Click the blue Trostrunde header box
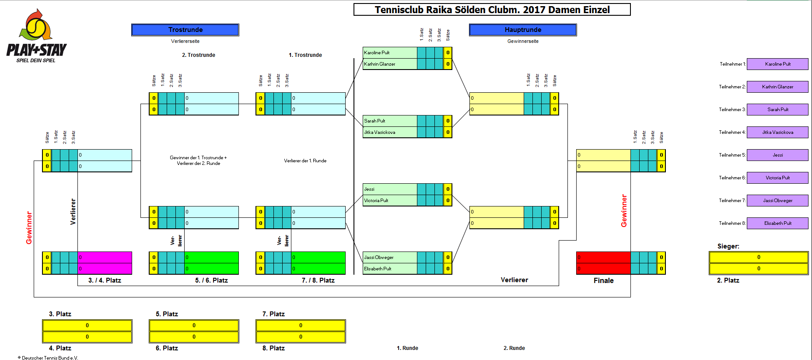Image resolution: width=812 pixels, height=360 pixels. pos(185,30)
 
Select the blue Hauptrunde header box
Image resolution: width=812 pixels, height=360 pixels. pos(523,30)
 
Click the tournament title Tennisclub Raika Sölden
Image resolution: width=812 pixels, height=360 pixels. pos(492,10)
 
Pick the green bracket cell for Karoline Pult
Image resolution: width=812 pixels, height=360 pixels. pos(389,52)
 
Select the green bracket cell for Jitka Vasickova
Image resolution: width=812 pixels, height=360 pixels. pos(389,132)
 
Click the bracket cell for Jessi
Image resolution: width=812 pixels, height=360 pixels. pos(389,189)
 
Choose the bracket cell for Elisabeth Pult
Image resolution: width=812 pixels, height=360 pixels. pos(389,269)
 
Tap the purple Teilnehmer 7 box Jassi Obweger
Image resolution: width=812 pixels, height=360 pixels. pos(777,200)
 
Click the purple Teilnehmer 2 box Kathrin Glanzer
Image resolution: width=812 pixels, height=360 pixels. pos(777,87)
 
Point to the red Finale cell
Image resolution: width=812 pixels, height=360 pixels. pos(603,263)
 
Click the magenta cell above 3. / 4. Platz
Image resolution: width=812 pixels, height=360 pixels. pos(105,263)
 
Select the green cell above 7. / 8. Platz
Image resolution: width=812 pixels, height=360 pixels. pos(318,263)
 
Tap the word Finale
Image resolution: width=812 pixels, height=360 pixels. pos(603,280)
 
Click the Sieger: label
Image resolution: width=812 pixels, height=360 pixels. pos(728,246)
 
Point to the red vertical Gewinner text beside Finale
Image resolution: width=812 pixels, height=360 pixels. pos(624,211)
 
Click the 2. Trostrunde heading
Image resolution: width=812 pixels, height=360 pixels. pos(198,55)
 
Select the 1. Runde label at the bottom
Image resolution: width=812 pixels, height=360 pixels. pos(407,348)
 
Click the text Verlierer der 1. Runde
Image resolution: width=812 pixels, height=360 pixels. pos(305,161)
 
